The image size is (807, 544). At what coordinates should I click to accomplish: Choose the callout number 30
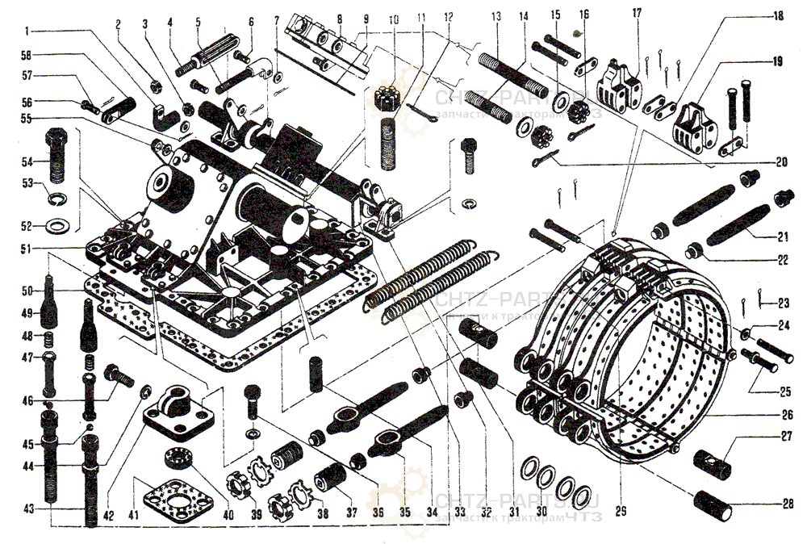(x=541, y=513)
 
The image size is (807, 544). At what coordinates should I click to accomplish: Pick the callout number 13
(x=495, y=16)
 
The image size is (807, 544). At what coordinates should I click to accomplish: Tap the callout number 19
(x=777, y=61)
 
